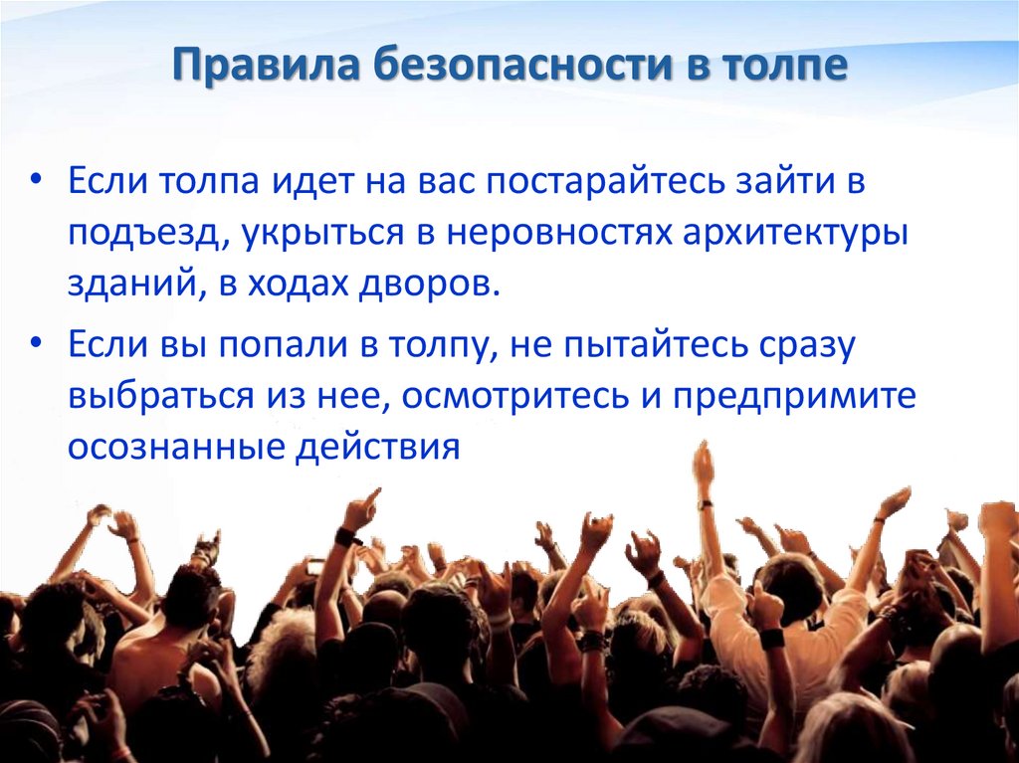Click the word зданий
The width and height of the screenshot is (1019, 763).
pos(128,285)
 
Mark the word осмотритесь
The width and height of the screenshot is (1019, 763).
pos(512,396)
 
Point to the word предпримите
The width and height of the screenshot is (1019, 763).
pos(792,396)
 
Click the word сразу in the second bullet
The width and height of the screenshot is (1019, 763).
pos(797,346)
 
